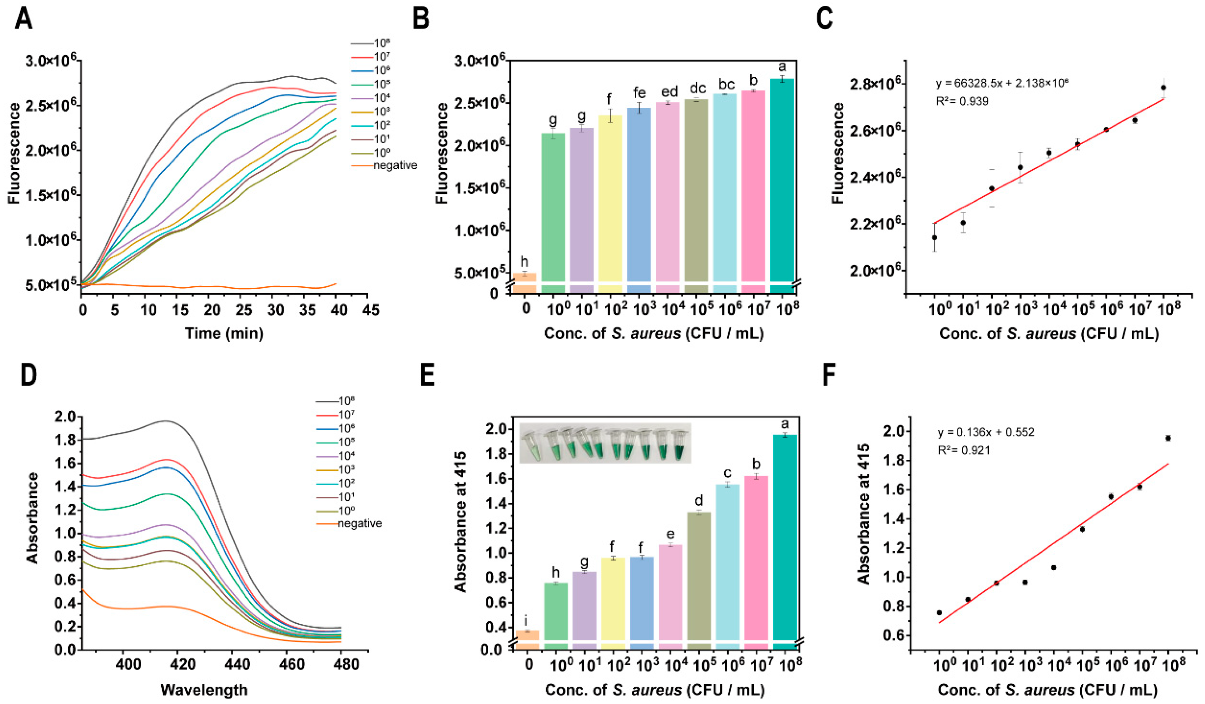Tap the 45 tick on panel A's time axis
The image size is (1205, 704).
tap(368, 310)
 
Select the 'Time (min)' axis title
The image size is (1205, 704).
tap(224, 333)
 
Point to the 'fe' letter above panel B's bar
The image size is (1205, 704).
tap(639, 93)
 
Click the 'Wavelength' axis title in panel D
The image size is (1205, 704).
tap(204, 689)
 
